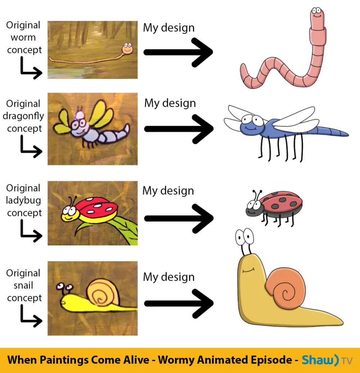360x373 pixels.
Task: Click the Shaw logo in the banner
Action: click(x=327, y=360)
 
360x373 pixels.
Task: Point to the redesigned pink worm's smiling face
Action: click(x=317, y=14)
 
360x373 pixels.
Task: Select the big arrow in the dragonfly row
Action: click(x=179, y=129)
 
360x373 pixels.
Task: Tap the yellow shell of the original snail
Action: click(x=103, y=293)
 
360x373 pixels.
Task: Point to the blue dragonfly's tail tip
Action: click(x=348, y=136)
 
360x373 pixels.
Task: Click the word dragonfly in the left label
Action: click(x=23, y=116)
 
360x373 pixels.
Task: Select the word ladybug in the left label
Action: click(x=23, y=200)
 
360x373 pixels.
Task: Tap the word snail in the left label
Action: click(x=23, y=285)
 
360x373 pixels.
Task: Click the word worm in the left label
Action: click(x=23, y=37)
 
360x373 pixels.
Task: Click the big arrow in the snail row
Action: click(x=179, y=303)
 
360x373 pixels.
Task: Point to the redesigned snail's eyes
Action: click(x=244, y=237)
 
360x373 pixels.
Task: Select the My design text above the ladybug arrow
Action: click(x=168, y=191)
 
